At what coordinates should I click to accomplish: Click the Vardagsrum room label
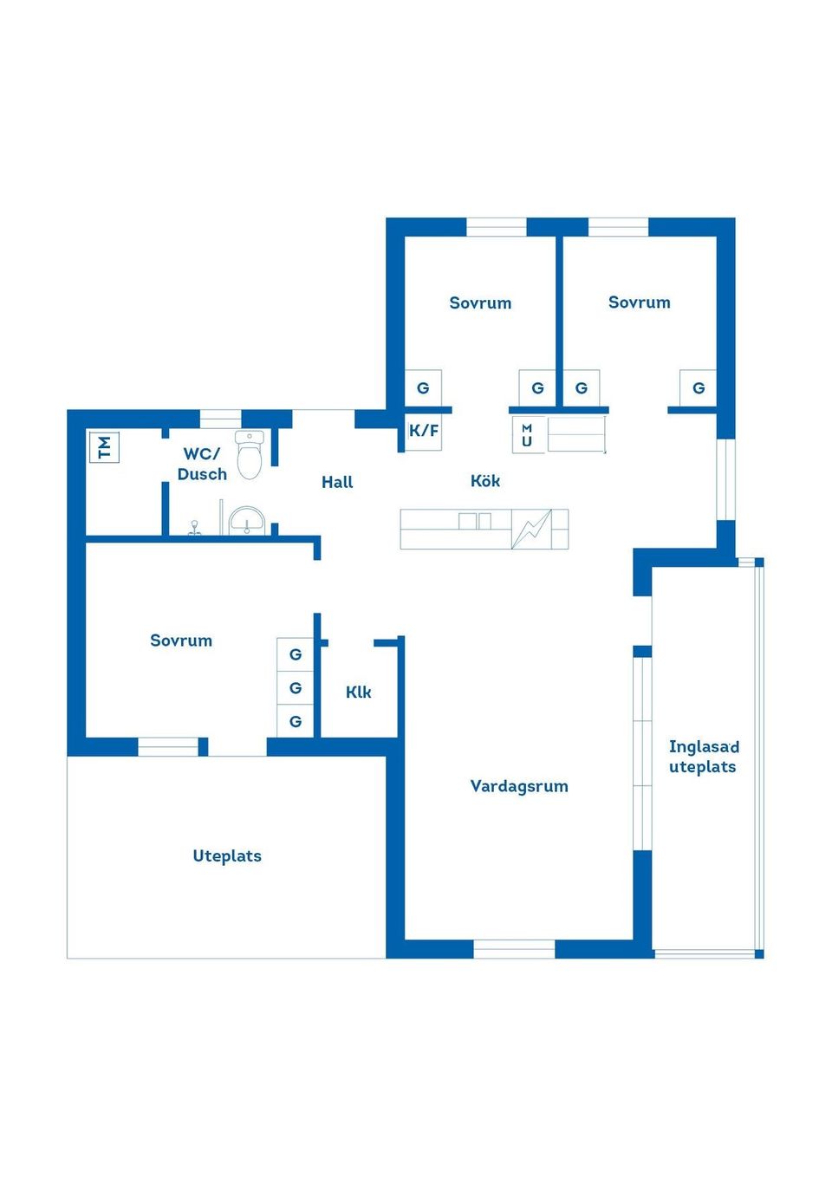pyautogui.click(x=519, y=786)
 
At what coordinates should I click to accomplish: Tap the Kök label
pyautogui.click(x=485, y=481)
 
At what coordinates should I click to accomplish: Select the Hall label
pyautogui.click(x=337, y=482)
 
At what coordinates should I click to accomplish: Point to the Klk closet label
pyautogui.click(x=358, y=692)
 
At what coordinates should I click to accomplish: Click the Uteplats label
pyautogui.click(x=227, y=856)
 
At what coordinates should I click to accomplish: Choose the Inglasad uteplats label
pyautogui.click(x=703, y=757)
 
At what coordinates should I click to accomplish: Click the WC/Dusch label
pyautogui.click(x=202, y=464)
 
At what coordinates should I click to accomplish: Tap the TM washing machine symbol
pyautogui.click(x=104, y=447)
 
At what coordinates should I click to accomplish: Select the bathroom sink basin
pyautogui.click(x=247, y=522)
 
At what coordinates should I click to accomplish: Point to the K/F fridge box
pyautogui.click(x=424, y=431)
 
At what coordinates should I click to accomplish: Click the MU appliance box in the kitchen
pyautogui.click(x=527, y=435)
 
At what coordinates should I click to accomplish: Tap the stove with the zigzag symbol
pyautogui.click(x=531, y=529)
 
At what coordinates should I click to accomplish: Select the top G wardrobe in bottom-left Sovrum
pyautogui.click(x=296, y=654)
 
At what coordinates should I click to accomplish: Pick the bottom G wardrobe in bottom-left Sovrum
pyautogui.click(x=296, y=721)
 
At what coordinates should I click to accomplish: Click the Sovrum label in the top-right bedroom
pyautogui.click(x=639, y=302)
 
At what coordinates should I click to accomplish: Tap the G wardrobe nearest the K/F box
pyautogui.click(x=423, y=388)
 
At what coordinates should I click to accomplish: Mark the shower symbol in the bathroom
pyautogui.click(x=195, y=527)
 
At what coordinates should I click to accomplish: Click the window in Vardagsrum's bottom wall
pyautogui.click(x=514, y=949)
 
